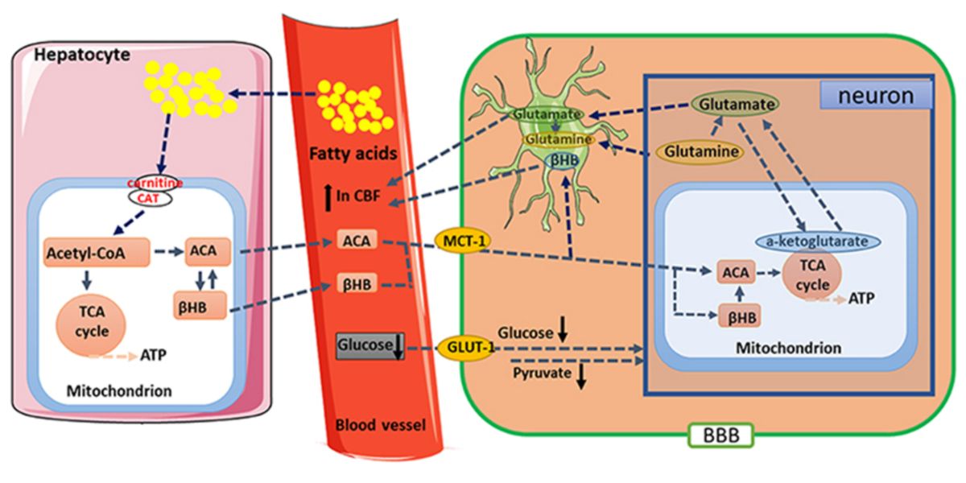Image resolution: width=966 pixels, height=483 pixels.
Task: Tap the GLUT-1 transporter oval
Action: click(464, 349)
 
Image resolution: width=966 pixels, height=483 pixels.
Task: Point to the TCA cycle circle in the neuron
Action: click(813, 281)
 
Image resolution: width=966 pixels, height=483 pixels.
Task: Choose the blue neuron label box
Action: click(876, 97)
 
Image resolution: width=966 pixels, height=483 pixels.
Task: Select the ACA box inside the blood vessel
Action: click(355, 242)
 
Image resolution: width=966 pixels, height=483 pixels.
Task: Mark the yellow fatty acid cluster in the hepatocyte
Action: click(188, 89)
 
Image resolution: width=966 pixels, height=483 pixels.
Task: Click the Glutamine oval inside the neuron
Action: click(700, 151)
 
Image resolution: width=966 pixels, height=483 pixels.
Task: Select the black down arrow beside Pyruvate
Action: click(580, 376)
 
